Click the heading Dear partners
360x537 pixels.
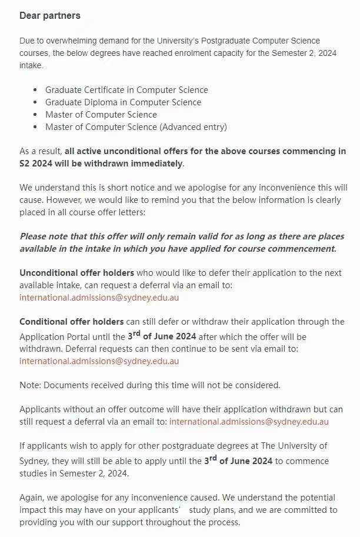point(50,16)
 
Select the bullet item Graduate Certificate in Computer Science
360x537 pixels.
point(126,90)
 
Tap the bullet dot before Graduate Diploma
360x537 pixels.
point(35,102)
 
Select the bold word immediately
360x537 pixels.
point(159,163)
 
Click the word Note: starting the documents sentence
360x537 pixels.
point(30,385)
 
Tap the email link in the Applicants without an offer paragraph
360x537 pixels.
point(248,422)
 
